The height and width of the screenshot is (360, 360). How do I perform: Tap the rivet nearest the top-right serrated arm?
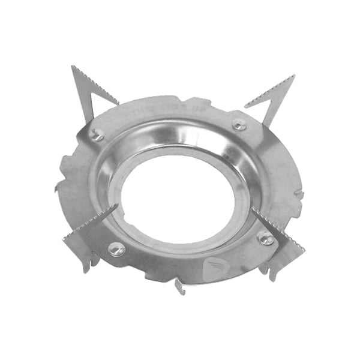[x=239, y=125]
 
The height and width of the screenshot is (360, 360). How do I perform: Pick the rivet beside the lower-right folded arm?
[x=265, y=238]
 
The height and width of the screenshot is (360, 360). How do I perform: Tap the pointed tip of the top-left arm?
[x=73, y=67]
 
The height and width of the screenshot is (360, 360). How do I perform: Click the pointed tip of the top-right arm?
[x=293, y=76]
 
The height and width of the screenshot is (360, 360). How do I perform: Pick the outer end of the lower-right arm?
[x=300, y=249]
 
